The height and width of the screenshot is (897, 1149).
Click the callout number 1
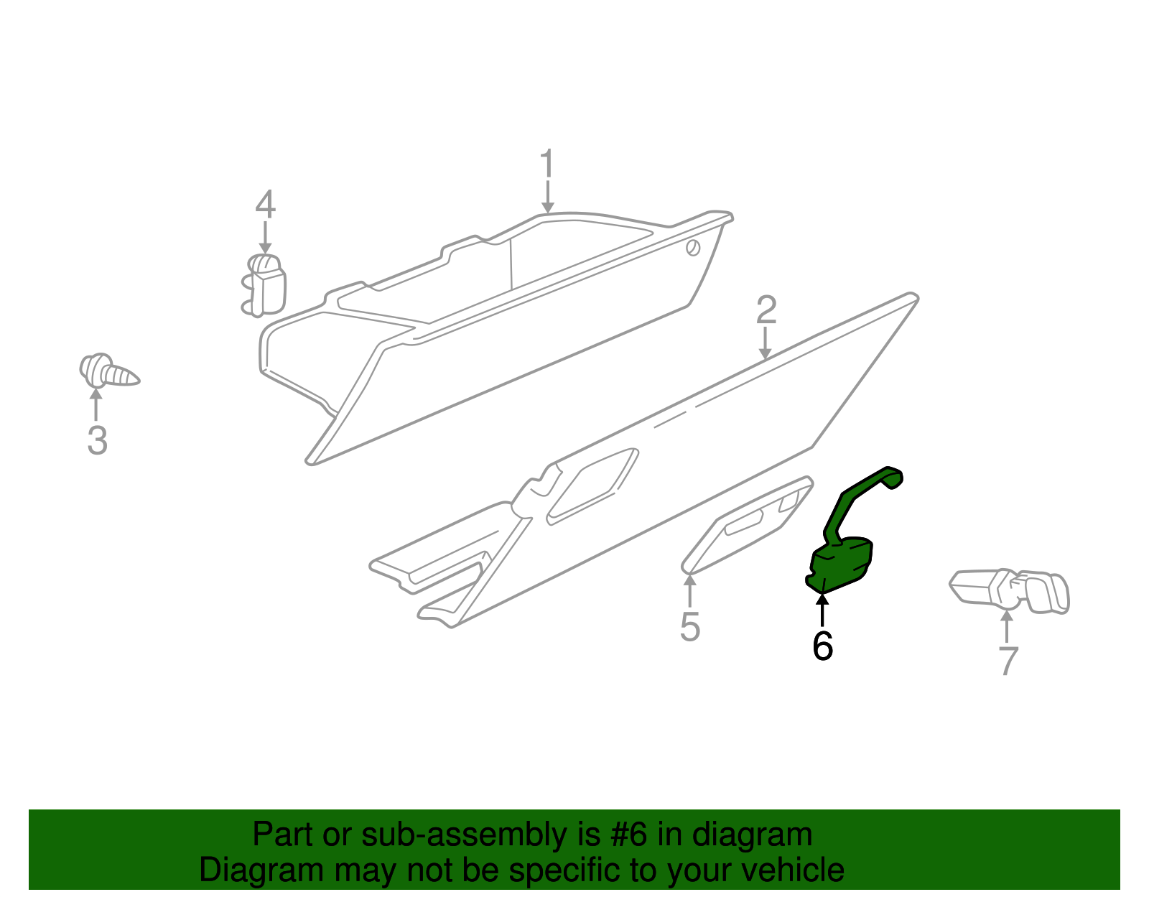[x=547, y=164]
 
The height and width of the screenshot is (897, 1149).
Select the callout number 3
[x=97, y=440]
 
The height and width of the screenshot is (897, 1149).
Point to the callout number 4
[x=265, y=205]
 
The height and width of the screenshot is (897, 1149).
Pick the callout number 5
[x=689, y=627]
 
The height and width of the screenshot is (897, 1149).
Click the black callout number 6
[x=822, y=646]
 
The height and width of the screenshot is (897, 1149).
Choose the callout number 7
[x=1008, y=661]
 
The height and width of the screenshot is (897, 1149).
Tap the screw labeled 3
[x=108, y=372]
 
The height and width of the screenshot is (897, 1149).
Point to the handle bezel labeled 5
[x=747, y=524]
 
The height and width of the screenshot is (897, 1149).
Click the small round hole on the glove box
[x=693, y=248]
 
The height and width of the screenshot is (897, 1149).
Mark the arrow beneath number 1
[x=548, y=197]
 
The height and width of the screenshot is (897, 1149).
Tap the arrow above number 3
[x=96, y=404]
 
